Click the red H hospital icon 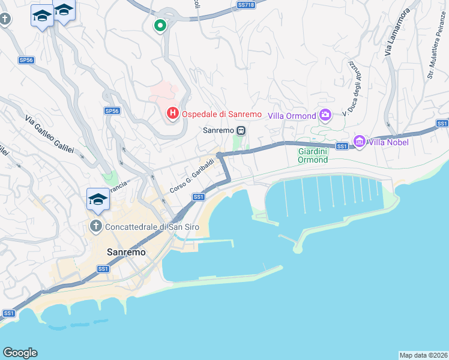coord(173,113)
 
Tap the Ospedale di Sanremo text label coord(222,114)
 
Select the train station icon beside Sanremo coord(241,130)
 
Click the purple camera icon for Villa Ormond coord(325,115)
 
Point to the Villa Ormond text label coord(292,116)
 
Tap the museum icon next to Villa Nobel coord(360,142)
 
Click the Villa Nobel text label coord(389,142)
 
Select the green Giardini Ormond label coord(313,156)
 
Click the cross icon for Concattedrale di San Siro coord(95,226)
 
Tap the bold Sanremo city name coord(126,253)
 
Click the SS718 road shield coord(246,5)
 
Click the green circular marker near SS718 coord(160,26)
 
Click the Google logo coord(20,353)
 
